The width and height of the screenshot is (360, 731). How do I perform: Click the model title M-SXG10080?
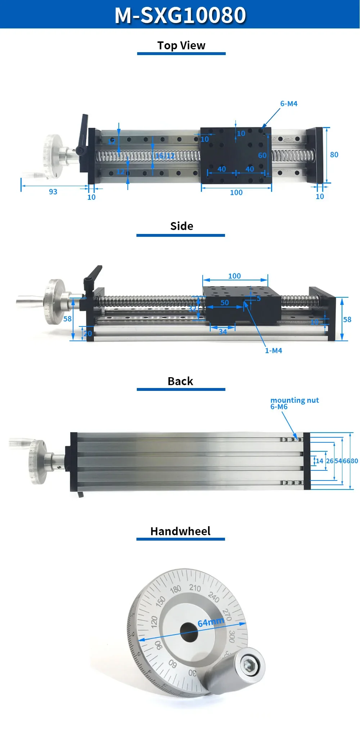point(180,15)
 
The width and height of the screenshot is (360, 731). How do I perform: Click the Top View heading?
point(181,46)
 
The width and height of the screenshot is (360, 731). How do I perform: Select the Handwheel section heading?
point(180,531)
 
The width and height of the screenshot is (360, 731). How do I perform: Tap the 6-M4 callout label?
point(289,104)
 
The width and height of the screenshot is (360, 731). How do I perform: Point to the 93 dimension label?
point(53,192)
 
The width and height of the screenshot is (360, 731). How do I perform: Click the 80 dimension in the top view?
point(334,155)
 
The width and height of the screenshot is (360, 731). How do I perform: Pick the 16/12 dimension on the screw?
point(165,156)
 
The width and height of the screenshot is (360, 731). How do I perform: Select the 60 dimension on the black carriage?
point(262,155)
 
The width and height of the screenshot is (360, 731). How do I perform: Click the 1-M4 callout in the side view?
point(274,351)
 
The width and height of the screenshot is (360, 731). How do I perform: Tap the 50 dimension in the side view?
point(225,303)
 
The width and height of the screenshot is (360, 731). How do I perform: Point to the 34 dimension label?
point(223,332)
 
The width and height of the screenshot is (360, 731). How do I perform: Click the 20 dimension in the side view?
point(88,334)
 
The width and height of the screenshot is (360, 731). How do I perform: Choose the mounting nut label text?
point(294,400)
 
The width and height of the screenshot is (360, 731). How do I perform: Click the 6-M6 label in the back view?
point(279,407)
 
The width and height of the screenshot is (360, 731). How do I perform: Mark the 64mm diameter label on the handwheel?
point(211,622)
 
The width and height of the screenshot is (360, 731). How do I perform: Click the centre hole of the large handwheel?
point(189,632)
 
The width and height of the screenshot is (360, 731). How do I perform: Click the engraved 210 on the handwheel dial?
point(195,588)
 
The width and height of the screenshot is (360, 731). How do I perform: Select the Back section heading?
point(180,381)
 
